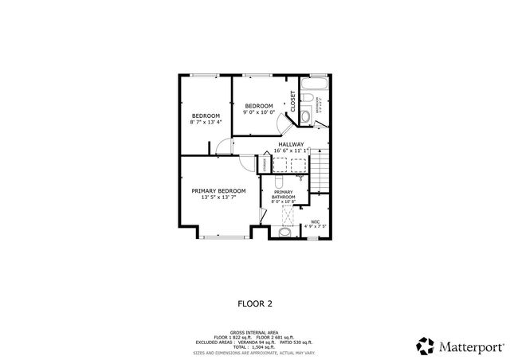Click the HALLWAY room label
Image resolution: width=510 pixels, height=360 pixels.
pyautogui.click(x=290, y=144)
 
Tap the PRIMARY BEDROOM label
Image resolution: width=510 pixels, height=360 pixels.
pyautogui.click(x=218, y=190)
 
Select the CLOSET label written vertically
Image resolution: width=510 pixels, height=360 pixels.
pyautogui.click(x=292, y=100)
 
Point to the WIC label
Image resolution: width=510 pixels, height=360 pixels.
pyautogui.click(x=316, y=221)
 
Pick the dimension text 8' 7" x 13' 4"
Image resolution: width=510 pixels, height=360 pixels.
pyautogui.click(x=205, y=123)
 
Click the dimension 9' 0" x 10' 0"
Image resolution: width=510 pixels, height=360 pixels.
pyautogui.click(x=259, y=112)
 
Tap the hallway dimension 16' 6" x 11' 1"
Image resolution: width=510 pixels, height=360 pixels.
pyautogui.click(x=290, y=151)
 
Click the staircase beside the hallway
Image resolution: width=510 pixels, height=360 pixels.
pyautogui.click(x=319, y=169)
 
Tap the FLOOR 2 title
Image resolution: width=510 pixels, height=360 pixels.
pyautogui.click(x=255, y=303)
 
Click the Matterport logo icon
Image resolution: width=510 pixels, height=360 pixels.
pyautogui.click(x=426, y=346)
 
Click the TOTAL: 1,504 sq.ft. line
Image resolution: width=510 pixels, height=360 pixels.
pyautogui.click(x=255, y=347)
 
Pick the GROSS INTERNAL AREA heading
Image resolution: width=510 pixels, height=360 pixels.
pyautogui.click(x=255, y=331)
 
